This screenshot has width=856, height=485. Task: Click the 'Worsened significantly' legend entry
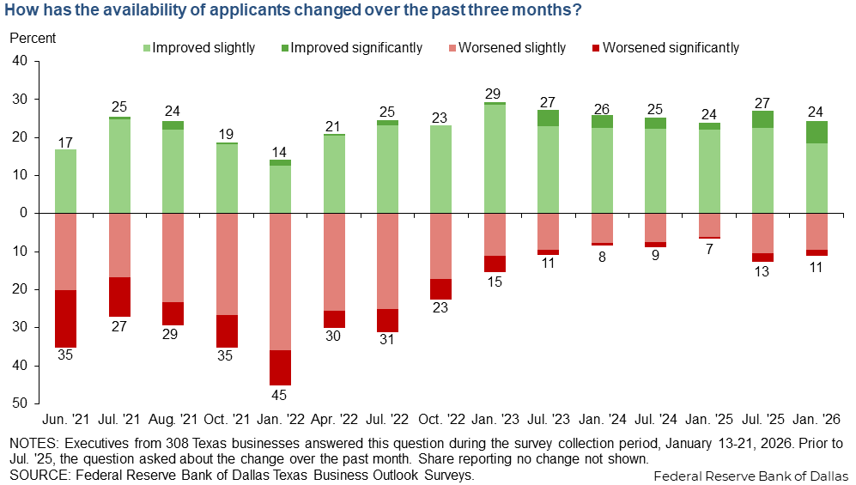671,48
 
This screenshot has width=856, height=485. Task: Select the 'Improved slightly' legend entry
203,48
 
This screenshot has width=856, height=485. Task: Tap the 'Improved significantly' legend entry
356,48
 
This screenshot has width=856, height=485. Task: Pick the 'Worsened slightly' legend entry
512,48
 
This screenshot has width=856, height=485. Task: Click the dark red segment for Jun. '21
65,318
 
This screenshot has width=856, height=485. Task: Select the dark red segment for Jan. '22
280,367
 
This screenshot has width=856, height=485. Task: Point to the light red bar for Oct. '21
227,264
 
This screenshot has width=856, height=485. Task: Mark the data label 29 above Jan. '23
494,93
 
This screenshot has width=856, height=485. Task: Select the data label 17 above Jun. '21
65,141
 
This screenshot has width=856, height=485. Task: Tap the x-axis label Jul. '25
762,421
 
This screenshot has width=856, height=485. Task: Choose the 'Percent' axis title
33,38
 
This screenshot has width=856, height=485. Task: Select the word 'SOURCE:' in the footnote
35,474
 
